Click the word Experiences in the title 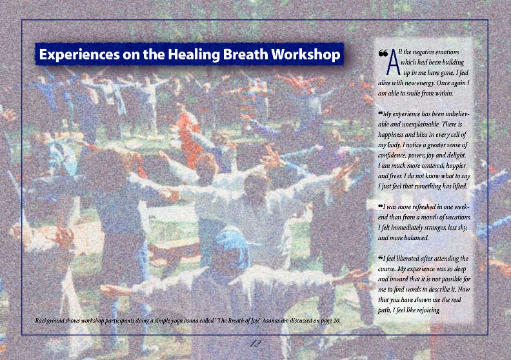tap(79, 55)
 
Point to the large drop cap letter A tap(394, 62)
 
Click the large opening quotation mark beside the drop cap tap(383, 53)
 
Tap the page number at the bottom tap(255, 343)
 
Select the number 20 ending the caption tap(337, 321)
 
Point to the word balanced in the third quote tap(417, 238)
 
